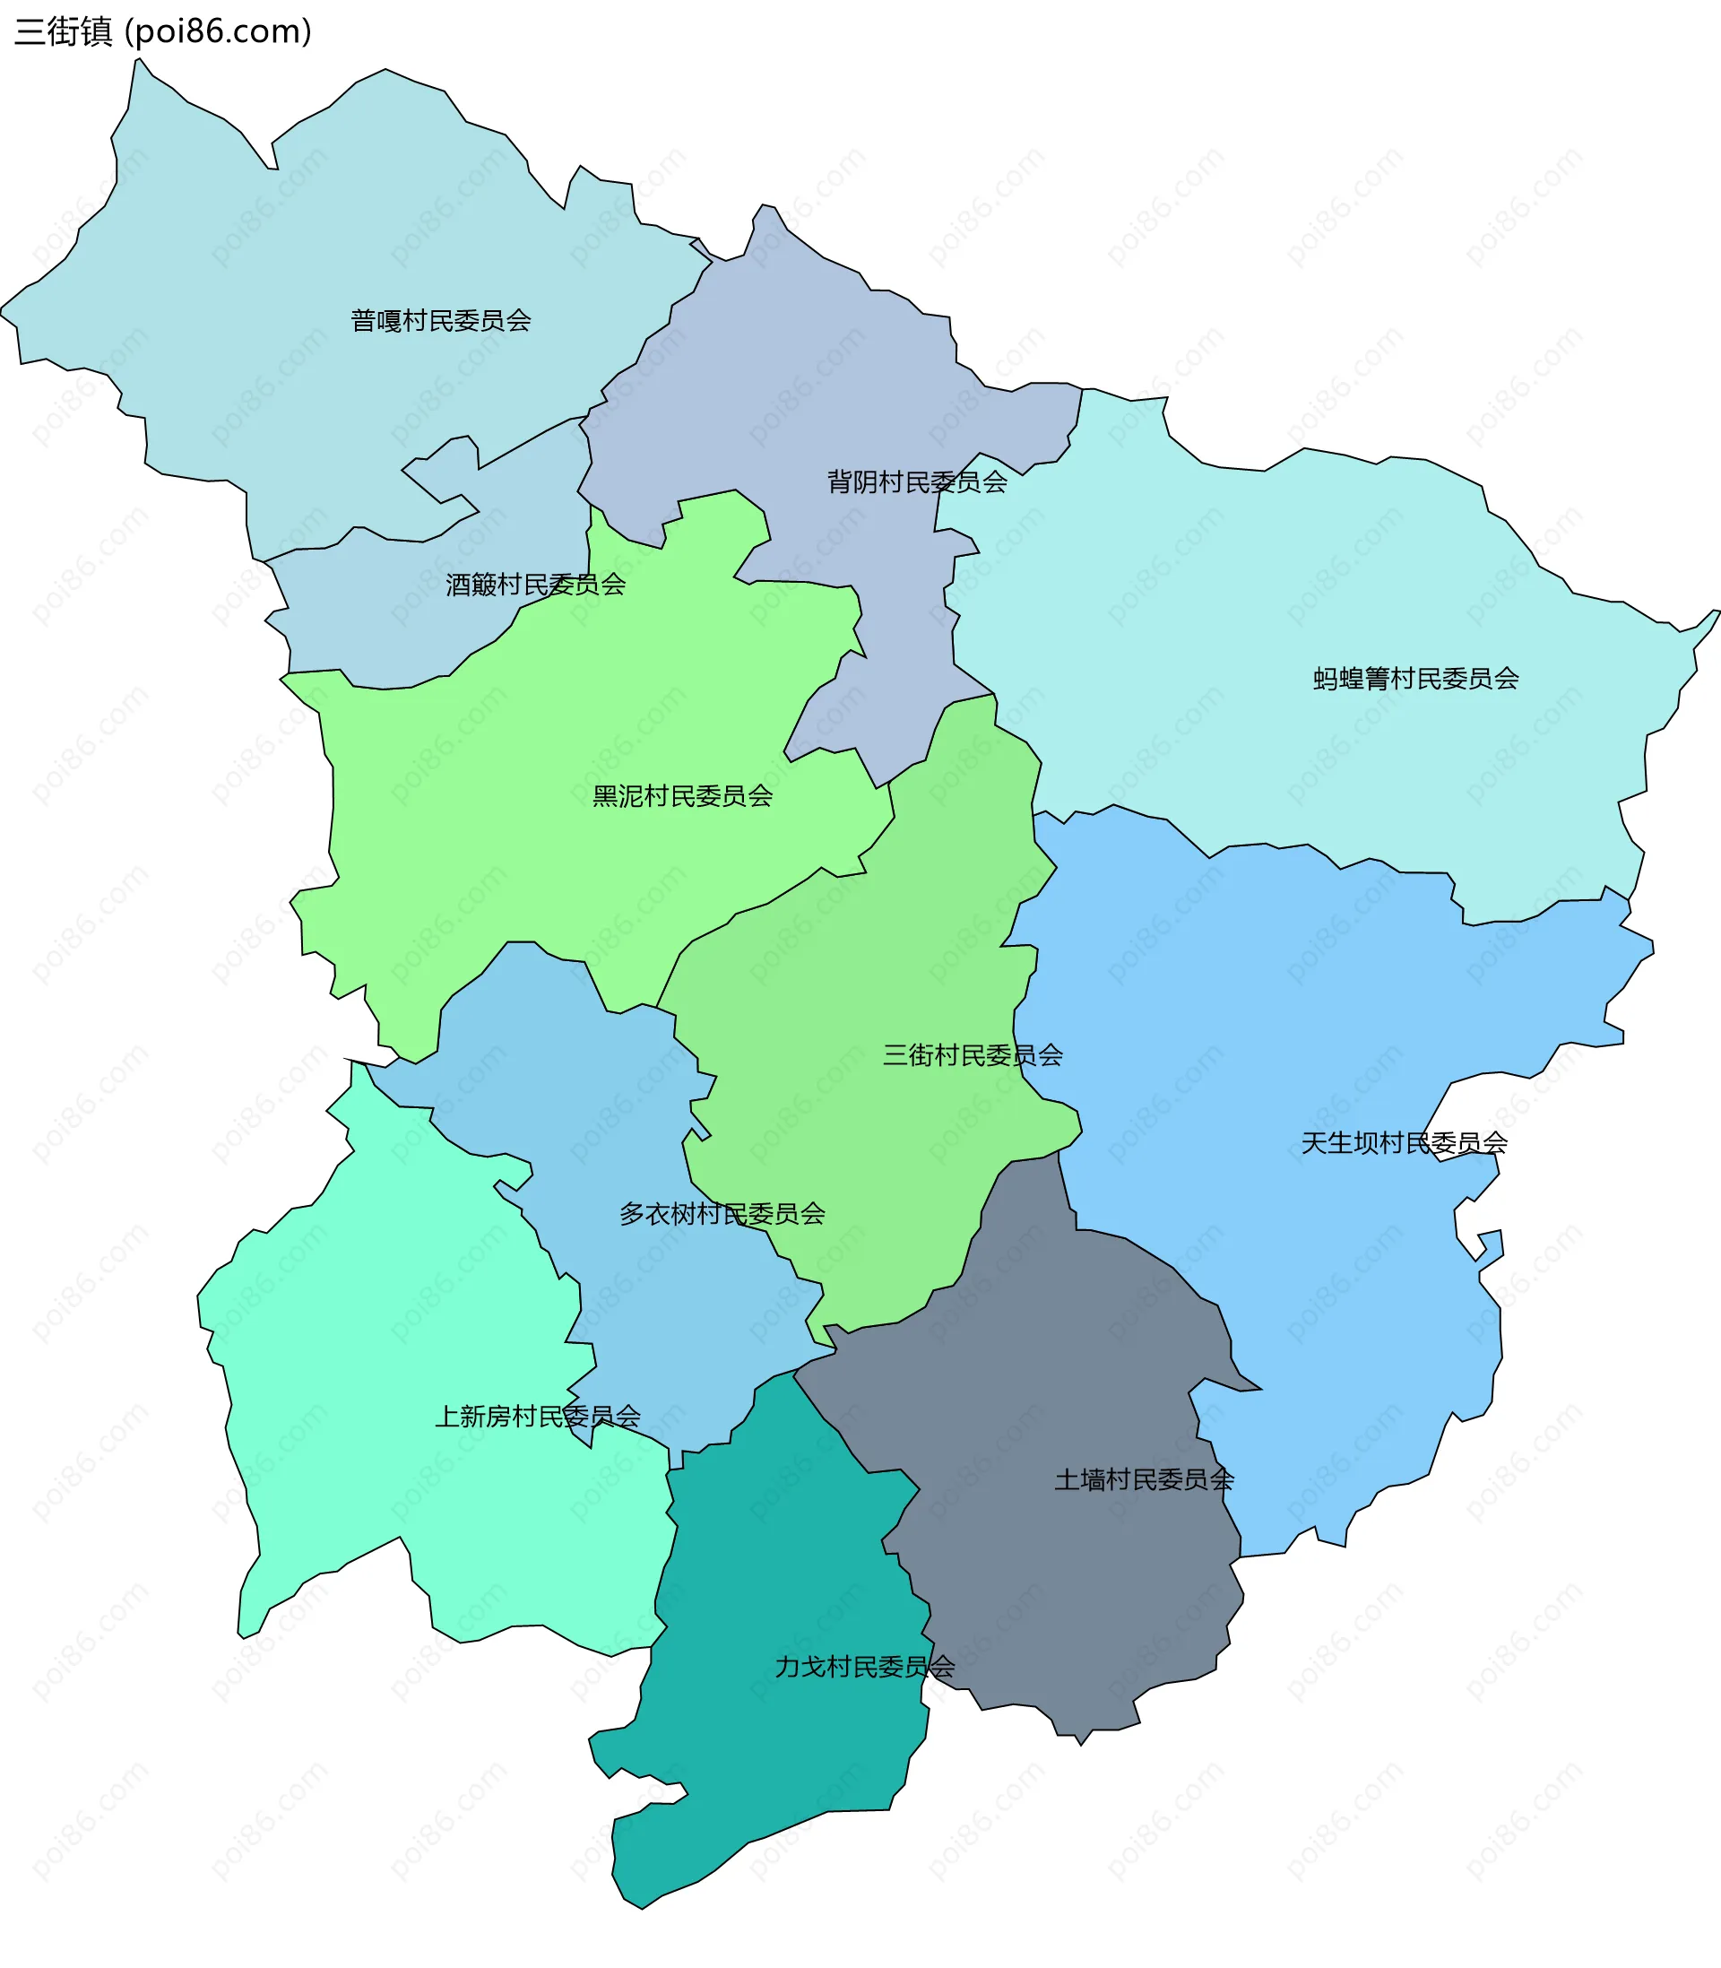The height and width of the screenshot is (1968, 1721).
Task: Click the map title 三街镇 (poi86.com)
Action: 163,31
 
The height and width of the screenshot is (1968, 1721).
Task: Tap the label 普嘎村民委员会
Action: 441,321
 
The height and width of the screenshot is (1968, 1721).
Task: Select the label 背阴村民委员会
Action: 917,482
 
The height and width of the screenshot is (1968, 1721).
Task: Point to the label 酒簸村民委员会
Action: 535,585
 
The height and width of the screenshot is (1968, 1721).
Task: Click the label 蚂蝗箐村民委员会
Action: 1415,679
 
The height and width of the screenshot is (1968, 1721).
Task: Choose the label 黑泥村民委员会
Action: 682,796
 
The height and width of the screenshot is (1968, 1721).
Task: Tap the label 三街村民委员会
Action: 972,1055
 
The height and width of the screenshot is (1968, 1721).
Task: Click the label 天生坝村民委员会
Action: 1403,1143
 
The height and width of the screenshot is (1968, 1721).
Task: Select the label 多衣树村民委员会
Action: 722,1214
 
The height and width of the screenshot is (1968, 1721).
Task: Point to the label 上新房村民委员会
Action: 538,1417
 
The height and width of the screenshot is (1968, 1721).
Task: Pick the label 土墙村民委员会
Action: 1144,1480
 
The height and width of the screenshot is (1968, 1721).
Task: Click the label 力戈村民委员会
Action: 864,1667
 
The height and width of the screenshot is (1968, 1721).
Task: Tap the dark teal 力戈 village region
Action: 788,1777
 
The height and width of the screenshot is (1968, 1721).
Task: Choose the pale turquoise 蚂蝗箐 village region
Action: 1345,577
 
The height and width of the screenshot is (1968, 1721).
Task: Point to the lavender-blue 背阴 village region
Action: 817,385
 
